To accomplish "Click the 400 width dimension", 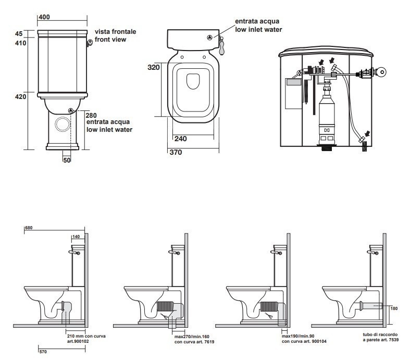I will click(44, 17).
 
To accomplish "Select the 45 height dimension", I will click(19, 33).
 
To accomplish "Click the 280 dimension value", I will click(91, 115).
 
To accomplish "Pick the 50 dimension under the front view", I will click(67, 159).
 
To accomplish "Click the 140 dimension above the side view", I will click(77, 237).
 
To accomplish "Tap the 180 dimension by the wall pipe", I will click(394, 308).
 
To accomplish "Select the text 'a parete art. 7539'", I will click(380, 339).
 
